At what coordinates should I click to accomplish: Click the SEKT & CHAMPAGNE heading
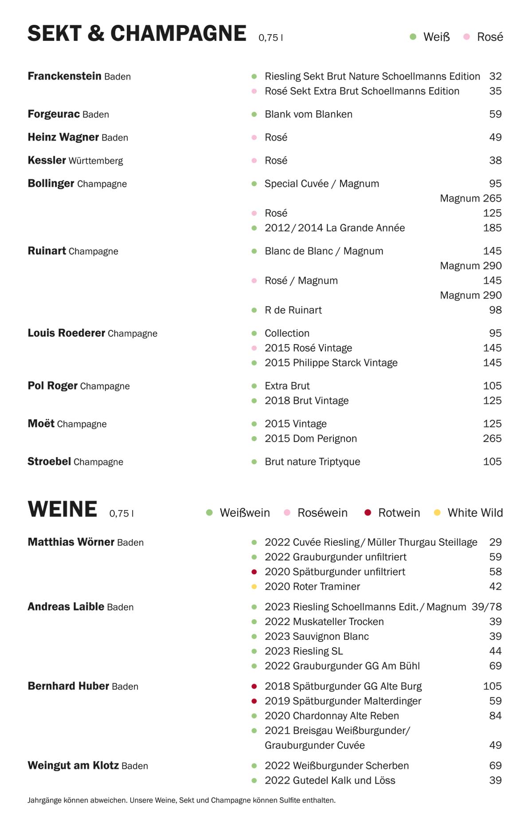[x=137, y=34]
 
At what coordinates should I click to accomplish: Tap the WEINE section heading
[x=63, y=509]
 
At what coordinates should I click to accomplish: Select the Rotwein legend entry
[x=399, y=513]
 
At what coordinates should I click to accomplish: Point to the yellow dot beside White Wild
[x=437, y=513]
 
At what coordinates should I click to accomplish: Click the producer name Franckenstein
[x=65, y=76]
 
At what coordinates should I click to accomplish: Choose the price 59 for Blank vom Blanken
[x=495, y=114]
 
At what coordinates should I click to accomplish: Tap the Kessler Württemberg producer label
[x=75, y=160]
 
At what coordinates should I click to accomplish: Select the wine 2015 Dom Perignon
[x=311, y=438]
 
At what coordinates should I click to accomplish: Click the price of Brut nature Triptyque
[x=492, y=461]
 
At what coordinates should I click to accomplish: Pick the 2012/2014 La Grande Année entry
[x=335, y=228]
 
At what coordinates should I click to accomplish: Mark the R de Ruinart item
[x=293, y=310]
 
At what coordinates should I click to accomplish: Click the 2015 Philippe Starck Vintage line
[x=331, y=363]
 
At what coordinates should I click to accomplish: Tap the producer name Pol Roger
[x=53, y=386]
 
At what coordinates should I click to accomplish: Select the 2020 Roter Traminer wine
[x=312, y=586]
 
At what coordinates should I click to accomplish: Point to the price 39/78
[x=486, y=607]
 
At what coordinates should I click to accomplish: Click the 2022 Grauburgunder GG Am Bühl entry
[x=342, y=666]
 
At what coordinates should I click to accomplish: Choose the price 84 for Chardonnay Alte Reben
[x=495, y=716]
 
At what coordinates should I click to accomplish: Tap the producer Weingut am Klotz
[x=73, y=766]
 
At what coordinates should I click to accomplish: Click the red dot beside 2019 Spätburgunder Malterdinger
[x=254, y=701]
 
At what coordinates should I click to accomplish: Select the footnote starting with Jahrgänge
[x=181, y=800]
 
